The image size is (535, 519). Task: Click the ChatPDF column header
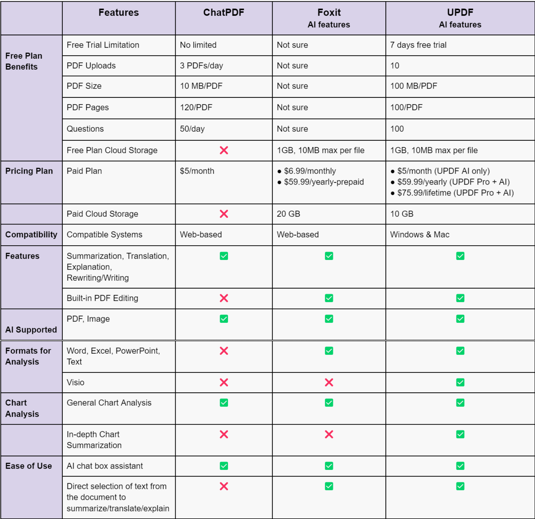[x=224, y=13]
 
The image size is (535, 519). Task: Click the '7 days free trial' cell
[x=418, y=45]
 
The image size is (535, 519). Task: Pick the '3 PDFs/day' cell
[x=201, y=66]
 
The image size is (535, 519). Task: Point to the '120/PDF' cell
[x=196, y=107]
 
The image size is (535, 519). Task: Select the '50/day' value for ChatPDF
[x=192, y=129]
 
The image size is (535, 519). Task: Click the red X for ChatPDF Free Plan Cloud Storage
[x=224, y=150]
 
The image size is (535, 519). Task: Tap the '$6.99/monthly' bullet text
[x=310, y=171]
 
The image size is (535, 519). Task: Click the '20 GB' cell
[x=288, y=214]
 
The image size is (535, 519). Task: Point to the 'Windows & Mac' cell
[x=419, y=235]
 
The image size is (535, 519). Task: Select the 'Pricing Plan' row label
[x=29, y=171]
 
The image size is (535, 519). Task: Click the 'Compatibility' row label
[x=31, y=235]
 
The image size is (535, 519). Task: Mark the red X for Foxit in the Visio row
[x=329, y=382]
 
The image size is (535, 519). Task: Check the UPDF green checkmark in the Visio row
[x=460, y=382]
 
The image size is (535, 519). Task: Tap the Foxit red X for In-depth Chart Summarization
[x=329, y=435]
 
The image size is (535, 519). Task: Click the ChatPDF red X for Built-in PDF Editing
[x=224, y=298]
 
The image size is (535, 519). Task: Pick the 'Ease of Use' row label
[x=28, y=466]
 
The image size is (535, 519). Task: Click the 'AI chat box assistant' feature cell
[x=105, y=466]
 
